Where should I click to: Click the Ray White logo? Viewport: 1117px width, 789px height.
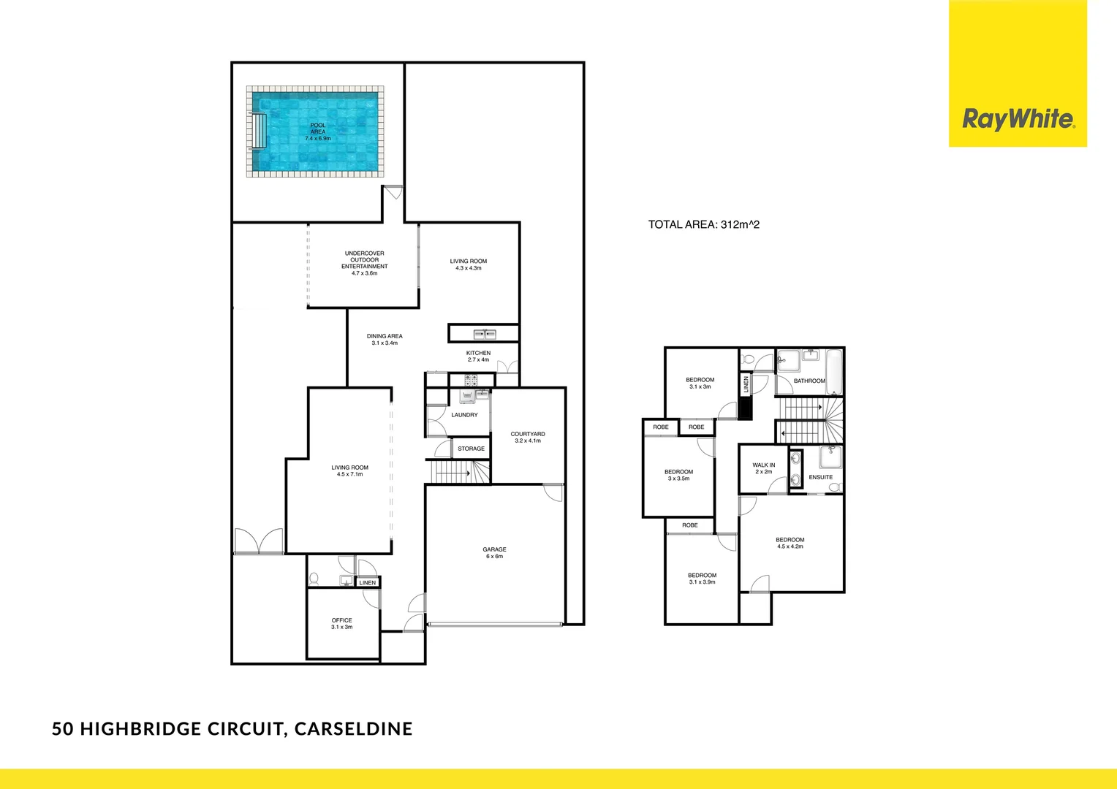point(1018,119)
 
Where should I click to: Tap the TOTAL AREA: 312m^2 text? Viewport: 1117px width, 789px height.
point(703,224)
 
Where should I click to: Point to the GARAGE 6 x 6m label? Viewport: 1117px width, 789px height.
point(494,553)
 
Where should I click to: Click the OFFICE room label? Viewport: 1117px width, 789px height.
point(341,623)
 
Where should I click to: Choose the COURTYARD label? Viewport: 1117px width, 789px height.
point(528,437)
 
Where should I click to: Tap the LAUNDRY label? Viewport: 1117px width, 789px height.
point(464,415)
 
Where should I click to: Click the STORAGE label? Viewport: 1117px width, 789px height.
point(471,449)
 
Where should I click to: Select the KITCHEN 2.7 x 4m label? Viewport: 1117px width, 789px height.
point(478,356)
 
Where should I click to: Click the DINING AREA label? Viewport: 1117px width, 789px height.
point(385,339)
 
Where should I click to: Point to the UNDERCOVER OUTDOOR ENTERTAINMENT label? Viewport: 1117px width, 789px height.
point(364,263)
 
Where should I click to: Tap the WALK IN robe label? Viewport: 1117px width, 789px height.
point(763,468)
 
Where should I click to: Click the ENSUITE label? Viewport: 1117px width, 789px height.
point(820,477)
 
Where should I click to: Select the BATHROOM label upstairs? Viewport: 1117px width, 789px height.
point(809,381)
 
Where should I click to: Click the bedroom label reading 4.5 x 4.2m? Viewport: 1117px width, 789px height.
point(790,543)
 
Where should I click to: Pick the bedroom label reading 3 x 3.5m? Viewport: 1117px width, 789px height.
point(678,475)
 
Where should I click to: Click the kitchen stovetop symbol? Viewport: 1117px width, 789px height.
point(471,380)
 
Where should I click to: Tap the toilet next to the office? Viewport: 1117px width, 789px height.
point(314,578)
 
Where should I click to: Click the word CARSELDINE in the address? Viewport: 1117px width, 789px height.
point(353,728)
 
